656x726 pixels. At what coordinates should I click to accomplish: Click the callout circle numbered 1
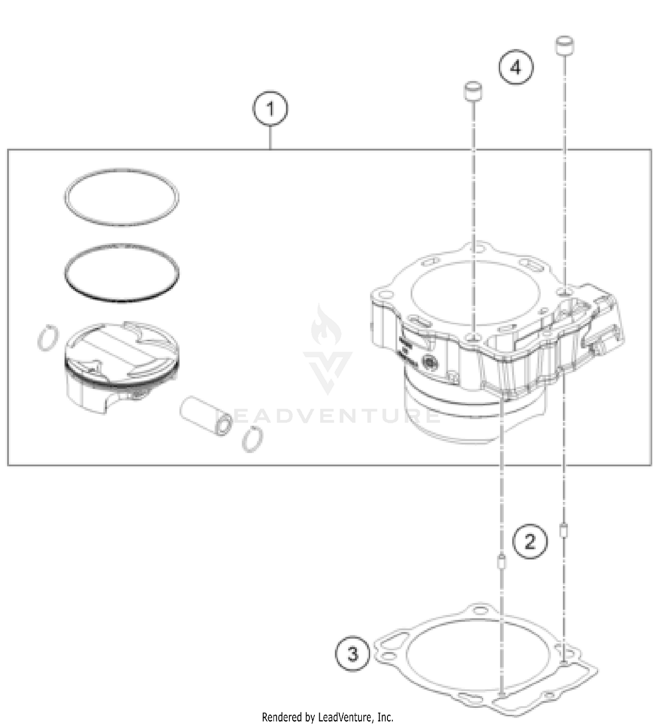tap(270, 108)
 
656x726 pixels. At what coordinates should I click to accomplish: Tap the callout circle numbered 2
tap(530, 541)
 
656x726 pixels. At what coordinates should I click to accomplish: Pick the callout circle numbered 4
tap(516, 68)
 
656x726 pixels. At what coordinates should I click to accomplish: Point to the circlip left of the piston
tap(47, 338)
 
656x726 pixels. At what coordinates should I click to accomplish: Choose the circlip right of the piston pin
tap(252, 439)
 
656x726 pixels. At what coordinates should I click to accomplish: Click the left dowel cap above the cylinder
tap(472, 92)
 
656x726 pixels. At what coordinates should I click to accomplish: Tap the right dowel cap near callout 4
tap(564, 45)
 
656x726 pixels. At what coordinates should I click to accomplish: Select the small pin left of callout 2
tap(502, 562)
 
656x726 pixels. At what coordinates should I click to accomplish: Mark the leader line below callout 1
tap(270, 137)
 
